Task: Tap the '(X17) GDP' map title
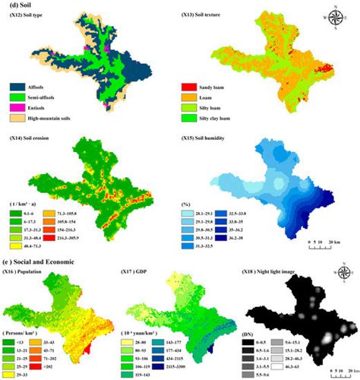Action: pyautogui.click(x=137, y=270)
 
